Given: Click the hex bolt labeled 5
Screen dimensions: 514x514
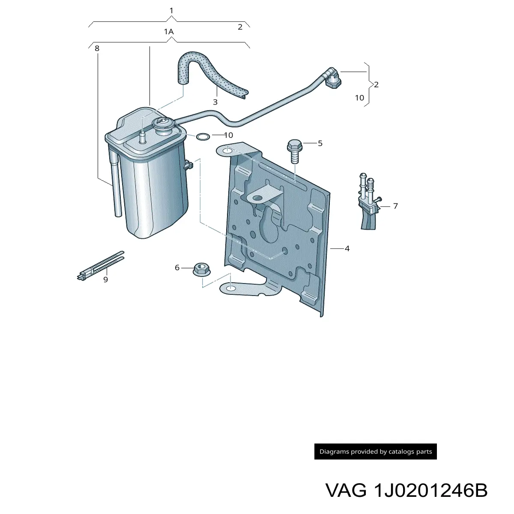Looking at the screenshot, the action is pyautogui.click(x=294, y=151).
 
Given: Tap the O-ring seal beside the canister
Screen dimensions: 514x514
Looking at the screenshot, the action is pyautogui.click(x=203, y=137).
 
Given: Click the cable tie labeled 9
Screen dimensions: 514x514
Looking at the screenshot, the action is pyautogui.click(x=100, y=266).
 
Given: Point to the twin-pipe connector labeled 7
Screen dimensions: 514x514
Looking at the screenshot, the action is pyautogui.click(x=369, y=201).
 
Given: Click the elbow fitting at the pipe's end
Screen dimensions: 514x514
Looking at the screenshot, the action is pyautogui.click(x=333, y=79).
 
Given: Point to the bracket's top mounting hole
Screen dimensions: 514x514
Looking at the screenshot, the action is pyautogui.click(x=227, y=151).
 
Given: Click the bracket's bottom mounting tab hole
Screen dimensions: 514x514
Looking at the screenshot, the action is pyautogui.click(x=231, y=288).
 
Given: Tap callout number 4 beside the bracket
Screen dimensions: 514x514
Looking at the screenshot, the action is pyautogui.click(x=347, y=248).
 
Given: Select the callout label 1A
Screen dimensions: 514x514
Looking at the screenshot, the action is pyautogui.click(x=169, y=32).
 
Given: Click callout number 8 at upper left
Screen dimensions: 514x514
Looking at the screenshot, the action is pyautogui.click(x=97, y=48).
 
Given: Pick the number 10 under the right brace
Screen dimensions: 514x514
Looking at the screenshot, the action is pyautogui.click(x=359, y=98).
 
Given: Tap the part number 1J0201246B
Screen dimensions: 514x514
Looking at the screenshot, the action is pyautogui.click(x=430, y=490).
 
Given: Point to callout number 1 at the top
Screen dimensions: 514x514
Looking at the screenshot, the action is pyautogui.click(x=171, y=11).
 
